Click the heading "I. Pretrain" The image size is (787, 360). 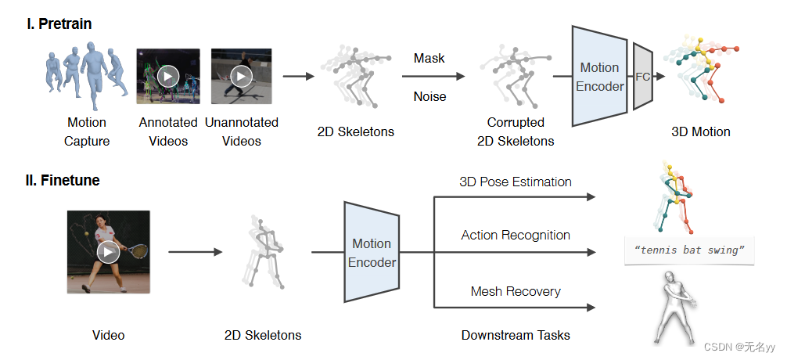pos(59,23)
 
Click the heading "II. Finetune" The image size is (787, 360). pos(63,181)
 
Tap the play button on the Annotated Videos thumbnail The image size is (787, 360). pos(168,76)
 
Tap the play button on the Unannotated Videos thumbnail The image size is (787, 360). pos(241,76)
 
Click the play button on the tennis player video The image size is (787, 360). pos(108,252)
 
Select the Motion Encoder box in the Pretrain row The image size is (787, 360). pos(599,77)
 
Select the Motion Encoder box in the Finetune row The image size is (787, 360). pos(372,253)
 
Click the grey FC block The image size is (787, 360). pos(641,77)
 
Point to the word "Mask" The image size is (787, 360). pos(429,58)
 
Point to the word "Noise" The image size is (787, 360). pos(429,97)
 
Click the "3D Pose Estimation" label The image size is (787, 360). pos(515,182)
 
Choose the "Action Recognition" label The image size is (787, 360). pos(515,235)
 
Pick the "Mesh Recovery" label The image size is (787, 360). pos(515,291)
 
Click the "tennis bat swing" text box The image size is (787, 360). pos(689,250)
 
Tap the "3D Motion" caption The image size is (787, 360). pos(700,131)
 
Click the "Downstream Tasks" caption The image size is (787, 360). pos(515,335)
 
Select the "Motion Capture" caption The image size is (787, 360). pos(86,131)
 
